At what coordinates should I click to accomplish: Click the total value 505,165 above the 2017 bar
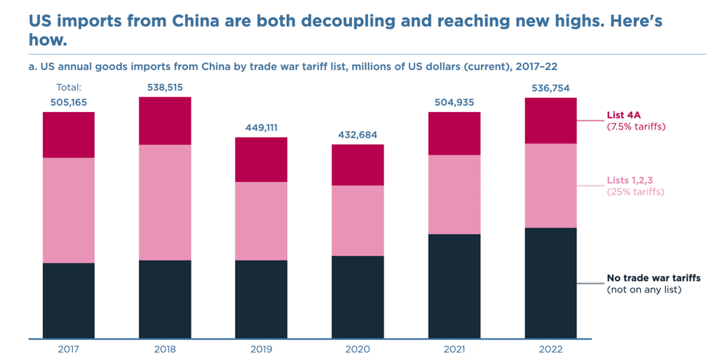[68, 102]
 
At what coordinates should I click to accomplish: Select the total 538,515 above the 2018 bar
[165, 88]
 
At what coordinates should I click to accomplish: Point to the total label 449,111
[261, 127]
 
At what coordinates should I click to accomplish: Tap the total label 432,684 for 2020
[357, 135]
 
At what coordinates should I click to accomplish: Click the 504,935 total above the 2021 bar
[454, 102]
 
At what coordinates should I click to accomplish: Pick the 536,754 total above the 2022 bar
[550, 88]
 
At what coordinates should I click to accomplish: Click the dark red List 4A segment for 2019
[261, 160]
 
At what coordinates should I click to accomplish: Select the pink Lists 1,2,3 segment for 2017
[68, 210]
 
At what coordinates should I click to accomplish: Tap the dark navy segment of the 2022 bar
[550, 283]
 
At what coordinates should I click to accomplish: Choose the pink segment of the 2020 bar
[357, 221]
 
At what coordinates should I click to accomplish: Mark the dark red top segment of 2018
[165, 121]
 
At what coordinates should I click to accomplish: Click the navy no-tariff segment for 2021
[454, 286]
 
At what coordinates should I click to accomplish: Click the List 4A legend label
[625, 115]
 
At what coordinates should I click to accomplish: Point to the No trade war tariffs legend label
[653, 278]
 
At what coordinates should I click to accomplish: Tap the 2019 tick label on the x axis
[261, 349]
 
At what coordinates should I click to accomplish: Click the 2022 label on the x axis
[550, 349]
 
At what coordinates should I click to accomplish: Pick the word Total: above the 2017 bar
[68, 88]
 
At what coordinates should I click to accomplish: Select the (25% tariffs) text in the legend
[636, 192]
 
